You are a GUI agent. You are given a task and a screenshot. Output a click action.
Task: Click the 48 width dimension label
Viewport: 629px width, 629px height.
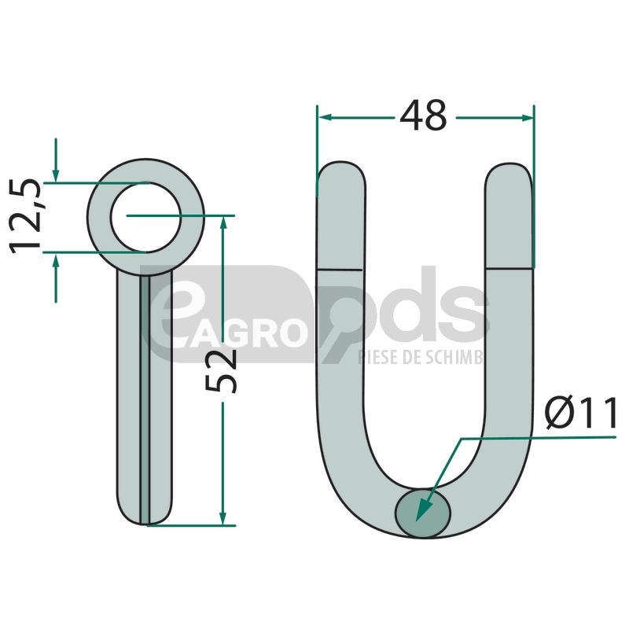423,116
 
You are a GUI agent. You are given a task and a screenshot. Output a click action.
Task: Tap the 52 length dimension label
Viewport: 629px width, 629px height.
221,370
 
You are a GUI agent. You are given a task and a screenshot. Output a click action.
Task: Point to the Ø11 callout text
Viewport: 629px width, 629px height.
581,413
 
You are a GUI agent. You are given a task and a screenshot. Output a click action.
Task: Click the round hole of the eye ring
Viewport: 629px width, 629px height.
146,217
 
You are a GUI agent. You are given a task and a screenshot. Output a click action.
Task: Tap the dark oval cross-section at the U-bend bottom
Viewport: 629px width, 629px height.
423,513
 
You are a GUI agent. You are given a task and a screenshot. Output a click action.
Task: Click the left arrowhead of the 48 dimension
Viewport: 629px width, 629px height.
325,117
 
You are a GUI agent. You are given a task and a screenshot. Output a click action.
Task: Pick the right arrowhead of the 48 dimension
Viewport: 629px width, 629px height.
527,117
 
